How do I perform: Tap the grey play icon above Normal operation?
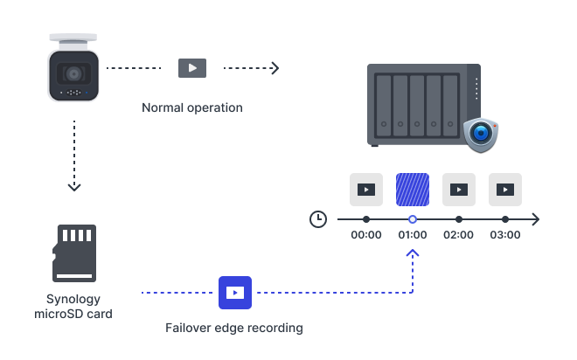192,67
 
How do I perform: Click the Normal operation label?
192,107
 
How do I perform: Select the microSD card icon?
74,253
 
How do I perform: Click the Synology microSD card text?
73,306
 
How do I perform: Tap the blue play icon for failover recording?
234,292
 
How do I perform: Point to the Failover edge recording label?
234,329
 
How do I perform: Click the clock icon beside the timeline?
318,219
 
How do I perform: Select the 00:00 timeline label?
365,235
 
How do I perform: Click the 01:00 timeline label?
413,235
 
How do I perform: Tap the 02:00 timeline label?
458,235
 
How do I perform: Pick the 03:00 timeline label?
504,235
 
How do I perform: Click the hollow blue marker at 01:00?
413,219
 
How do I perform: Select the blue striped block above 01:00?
412,189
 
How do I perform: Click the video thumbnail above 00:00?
365,189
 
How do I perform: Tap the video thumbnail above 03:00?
504,189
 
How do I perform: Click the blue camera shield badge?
480,135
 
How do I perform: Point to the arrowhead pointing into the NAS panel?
275,67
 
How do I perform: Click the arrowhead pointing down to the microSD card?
74,185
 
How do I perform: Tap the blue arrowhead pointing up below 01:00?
413,253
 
